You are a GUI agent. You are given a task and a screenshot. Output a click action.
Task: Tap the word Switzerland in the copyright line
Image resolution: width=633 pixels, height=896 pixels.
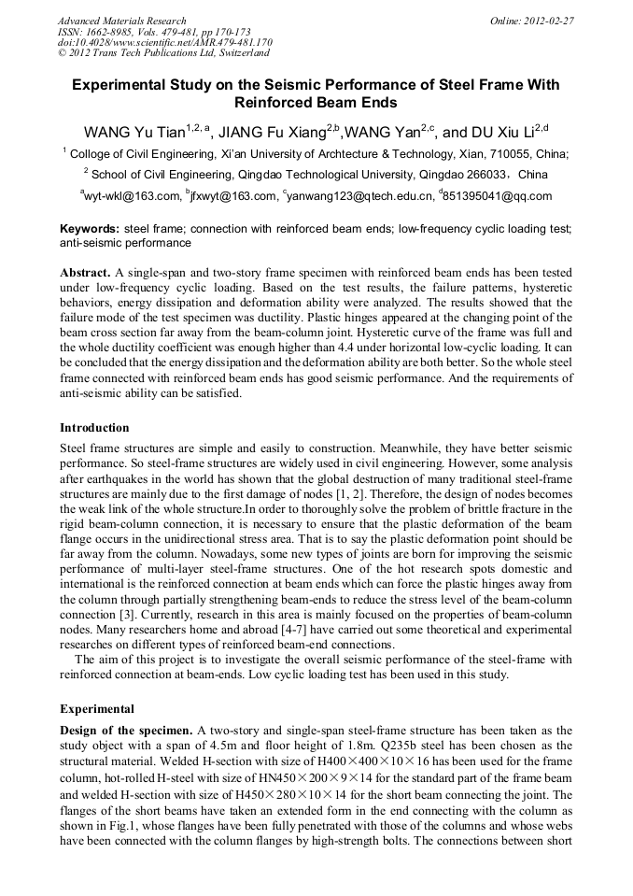pyautogui.click(x=238, y=53)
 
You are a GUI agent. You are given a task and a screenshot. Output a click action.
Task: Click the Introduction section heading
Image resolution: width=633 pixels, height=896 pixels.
pyautogui.click(x=94, y=428)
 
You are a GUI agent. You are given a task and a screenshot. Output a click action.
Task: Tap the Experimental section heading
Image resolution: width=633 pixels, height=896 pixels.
pyautogui.click(x=96, y=709)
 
